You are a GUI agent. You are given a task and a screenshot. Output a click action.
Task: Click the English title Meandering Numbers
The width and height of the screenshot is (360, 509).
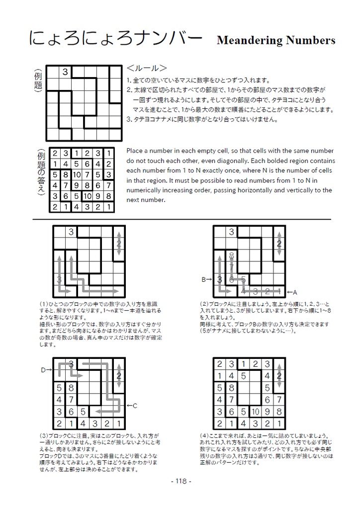pos(275,41)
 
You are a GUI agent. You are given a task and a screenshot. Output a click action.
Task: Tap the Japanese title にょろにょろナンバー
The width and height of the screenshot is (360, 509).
pos(115,39)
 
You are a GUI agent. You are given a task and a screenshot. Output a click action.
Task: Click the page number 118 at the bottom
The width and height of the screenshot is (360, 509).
pos(180,481)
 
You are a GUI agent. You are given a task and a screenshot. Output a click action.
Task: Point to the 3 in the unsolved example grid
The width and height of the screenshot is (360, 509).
pos(65,73)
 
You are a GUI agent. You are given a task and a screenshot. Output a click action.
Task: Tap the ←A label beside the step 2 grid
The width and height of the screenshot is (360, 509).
pos(292,292)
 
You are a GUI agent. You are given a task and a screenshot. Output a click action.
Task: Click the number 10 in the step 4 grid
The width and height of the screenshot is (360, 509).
pos(255,412)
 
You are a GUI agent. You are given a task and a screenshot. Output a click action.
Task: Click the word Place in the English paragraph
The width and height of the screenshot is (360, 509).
pos(136,151)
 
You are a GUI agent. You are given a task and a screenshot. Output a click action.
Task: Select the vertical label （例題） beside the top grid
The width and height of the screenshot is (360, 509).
pos(38,82)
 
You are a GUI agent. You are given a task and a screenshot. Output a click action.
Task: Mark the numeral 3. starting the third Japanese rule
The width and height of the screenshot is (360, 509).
pos(129,119)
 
